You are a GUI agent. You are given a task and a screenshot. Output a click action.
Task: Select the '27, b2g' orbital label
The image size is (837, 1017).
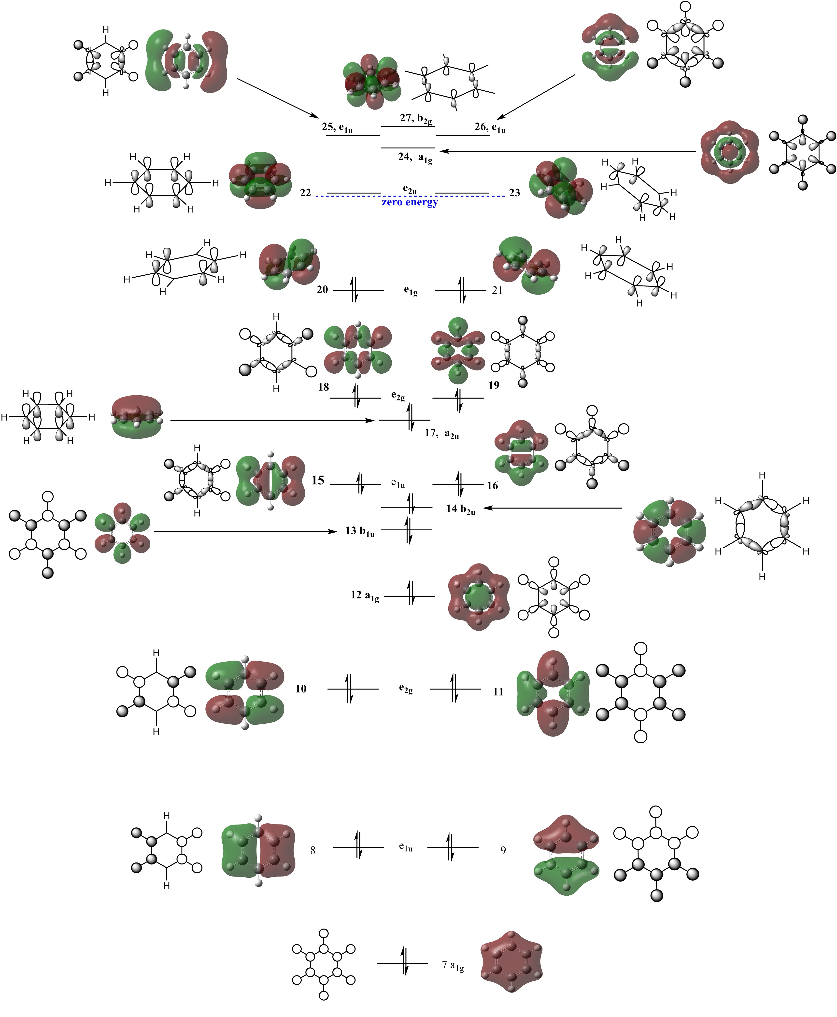coord(416,118)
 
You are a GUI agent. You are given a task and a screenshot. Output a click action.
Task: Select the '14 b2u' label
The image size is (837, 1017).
coord(460,509)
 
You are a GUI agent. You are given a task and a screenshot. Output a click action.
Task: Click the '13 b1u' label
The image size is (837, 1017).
coord(360,532)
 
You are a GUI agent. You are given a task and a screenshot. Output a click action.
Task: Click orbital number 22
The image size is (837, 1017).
coord(305,193)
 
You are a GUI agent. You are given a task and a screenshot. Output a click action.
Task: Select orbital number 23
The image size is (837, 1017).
coord(514,193)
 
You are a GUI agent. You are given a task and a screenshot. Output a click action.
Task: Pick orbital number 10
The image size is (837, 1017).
coord(301,689)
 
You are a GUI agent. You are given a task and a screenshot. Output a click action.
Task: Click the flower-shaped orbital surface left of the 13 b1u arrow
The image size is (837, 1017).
coord(122,533)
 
